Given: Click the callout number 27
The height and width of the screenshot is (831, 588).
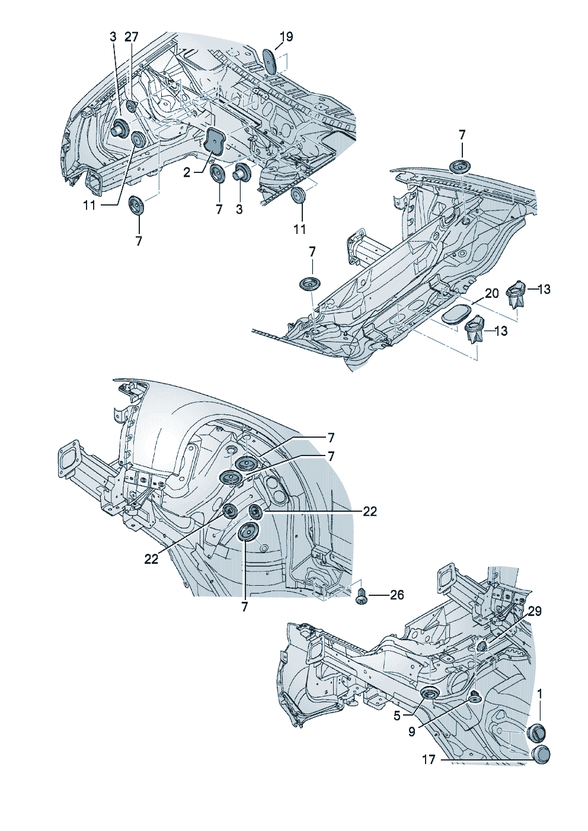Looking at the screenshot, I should coord(131,37).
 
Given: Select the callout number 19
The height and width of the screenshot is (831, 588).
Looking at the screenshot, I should coord(286,37).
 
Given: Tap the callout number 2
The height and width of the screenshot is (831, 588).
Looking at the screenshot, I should coord(187,172).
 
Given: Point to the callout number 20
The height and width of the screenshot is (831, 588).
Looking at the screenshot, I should coord(492,293).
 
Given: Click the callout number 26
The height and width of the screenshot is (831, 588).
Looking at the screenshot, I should coord(397,595).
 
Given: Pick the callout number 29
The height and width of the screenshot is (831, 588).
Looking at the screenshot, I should coord(535,611).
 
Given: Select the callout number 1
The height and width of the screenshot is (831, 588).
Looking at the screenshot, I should coord(540,694).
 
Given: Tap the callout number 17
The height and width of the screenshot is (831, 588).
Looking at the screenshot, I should coord(429,759).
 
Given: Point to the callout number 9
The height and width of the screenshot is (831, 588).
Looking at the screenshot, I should coord(412,731).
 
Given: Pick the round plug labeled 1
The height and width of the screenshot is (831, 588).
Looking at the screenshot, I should coord(536,732).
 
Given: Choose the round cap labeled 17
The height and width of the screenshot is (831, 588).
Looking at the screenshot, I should coord(540,755).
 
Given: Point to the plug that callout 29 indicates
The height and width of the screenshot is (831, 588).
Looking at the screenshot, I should coord(481,645).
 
